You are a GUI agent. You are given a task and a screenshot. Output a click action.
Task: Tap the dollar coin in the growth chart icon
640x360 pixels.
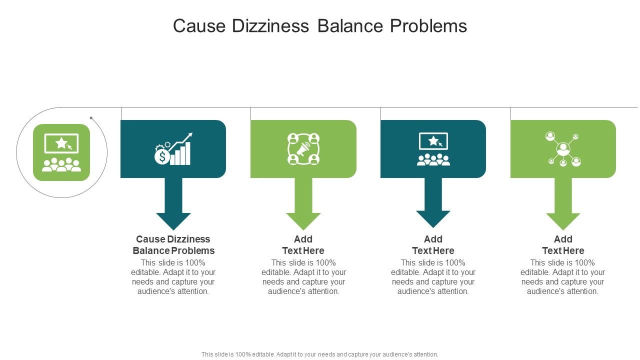point(161,157)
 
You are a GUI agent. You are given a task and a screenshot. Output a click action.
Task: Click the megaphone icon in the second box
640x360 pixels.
point(303,149)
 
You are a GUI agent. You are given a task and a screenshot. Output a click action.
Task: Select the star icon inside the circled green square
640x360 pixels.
point(61,143)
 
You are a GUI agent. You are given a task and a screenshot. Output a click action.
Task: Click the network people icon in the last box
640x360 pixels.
point(563,149)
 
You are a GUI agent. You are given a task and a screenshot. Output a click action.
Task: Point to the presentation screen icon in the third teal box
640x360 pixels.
point(433,141)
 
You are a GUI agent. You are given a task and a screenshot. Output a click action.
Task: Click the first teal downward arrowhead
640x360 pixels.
point(173,220)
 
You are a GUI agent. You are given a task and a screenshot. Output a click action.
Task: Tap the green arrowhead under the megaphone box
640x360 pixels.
point(303,220)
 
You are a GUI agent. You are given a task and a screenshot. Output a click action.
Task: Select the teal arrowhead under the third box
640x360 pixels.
point(433,219)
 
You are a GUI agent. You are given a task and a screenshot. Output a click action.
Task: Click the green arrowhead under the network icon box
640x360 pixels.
point(563,220)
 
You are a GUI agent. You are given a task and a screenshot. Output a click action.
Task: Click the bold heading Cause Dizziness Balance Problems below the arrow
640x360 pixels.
point(173,245)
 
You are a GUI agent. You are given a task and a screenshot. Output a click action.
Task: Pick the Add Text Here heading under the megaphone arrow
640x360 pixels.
point(303,245)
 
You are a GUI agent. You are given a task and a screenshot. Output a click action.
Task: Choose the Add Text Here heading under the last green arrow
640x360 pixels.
point(563,245)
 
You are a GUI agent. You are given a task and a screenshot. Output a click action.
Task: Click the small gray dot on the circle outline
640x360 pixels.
point(91,118)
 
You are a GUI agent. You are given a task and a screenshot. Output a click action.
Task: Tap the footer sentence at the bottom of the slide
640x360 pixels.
point(319,354)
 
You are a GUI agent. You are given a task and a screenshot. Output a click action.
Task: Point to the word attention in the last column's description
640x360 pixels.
point(580,291)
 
